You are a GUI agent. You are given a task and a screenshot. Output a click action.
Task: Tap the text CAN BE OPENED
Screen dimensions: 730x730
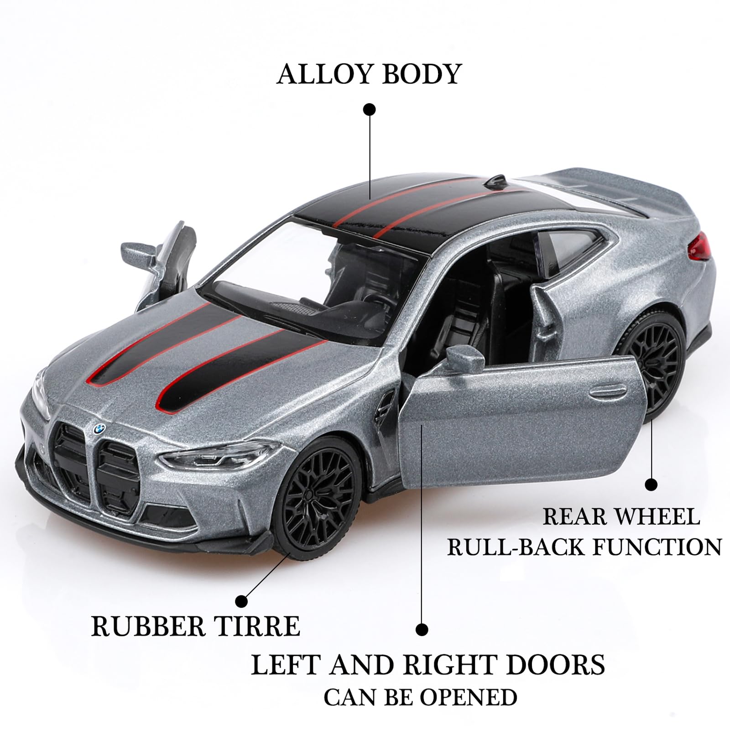(x=420, y=697)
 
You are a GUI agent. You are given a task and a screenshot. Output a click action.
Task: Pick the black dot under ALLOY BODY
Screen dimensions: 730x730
(x=369, y=109)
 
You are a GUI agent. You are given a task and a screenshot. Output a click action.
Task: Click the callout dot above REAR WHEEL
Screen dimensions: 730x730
(x=651, y=485)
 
